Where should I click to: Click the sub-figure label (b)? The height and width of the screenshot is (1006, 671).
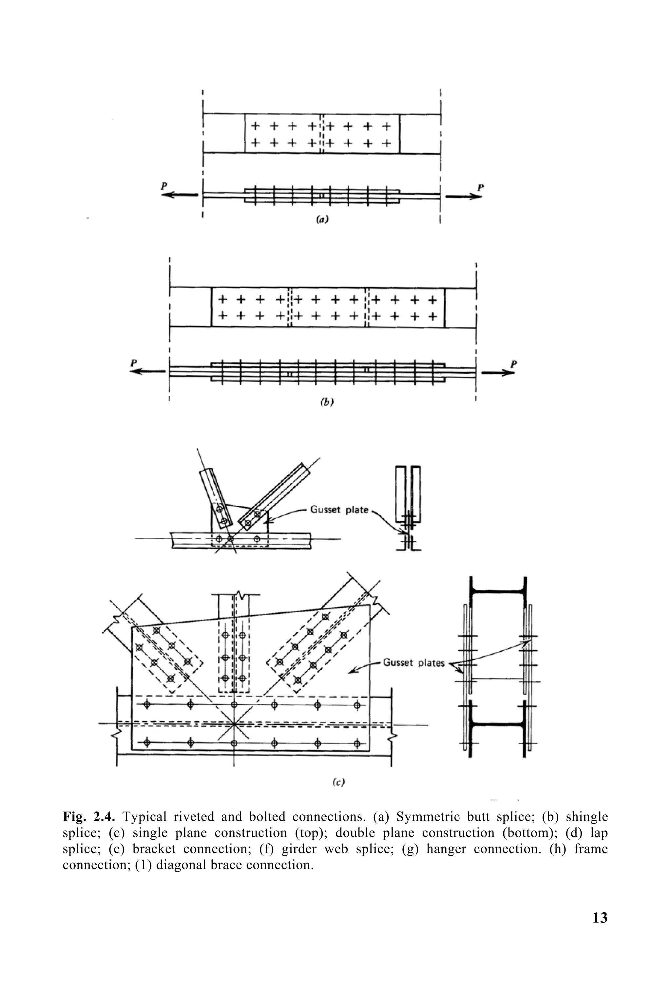coord(327,402)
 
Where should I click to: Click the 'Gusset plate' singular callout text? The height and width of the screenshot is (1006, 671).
coord(339,510)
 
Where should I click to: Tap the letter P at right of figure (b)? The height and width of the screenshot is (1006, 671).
coord(513,364)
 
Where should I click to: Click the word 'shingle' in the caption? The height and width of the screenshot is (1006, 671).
coord(586,817)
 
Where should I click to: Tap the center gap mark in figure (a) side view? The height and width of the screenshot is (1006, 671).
coord(322,196)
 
